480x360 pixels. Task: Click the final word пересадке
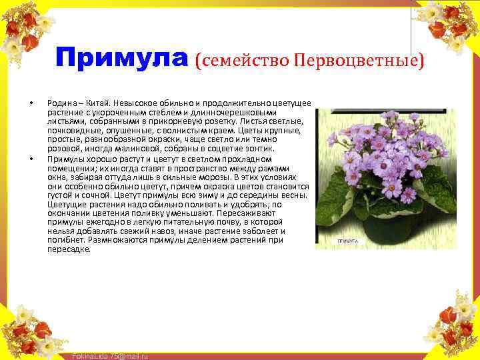point(69,249)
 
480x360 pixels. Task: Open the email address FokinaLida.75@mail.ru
point(109,356)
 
